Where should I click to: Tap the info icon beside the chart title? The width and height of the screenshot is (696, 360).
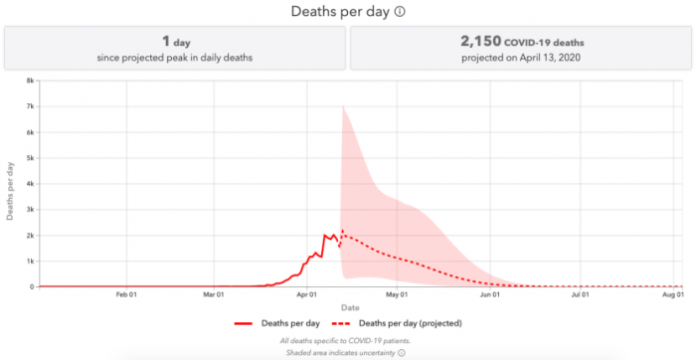(400, 12)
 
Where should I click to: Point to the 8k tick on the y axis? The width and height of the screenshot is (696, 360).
(32, 81)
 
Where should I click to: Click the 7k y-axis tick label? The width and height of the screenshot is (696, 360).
(32, 106)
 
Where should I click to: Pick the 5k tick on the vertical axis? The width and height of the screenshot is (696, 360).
(32, 158)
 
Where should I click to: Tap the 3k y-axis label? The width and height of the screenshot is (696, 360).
(32, 210)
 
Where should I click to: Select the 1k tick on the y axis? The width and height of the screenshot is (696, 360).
(32, 261)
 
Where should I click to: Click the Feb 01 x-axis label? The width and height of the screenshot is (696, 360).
(126, 294)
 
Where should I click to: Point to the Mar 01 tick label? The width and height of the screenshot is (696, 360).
(215, 294)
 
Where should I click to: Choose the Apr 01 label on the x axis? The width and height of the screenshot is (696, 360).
(307, 294)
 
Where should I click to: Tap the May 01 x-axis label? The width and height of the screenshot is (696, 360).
(398, 294)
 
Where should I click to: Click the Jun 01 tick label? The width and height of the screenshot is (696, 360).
(490, 294)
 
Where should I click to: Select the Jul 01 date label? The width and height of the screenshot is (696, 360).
(580, 294)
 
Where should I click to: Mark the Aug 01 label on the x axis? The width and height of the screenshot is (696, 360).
(672, 294)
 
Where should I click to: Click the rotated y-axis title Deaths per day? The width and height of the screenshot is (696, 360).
(12, 184)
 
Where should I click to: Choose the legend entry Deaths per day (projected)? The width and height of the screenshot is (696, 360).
(410, 323)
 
